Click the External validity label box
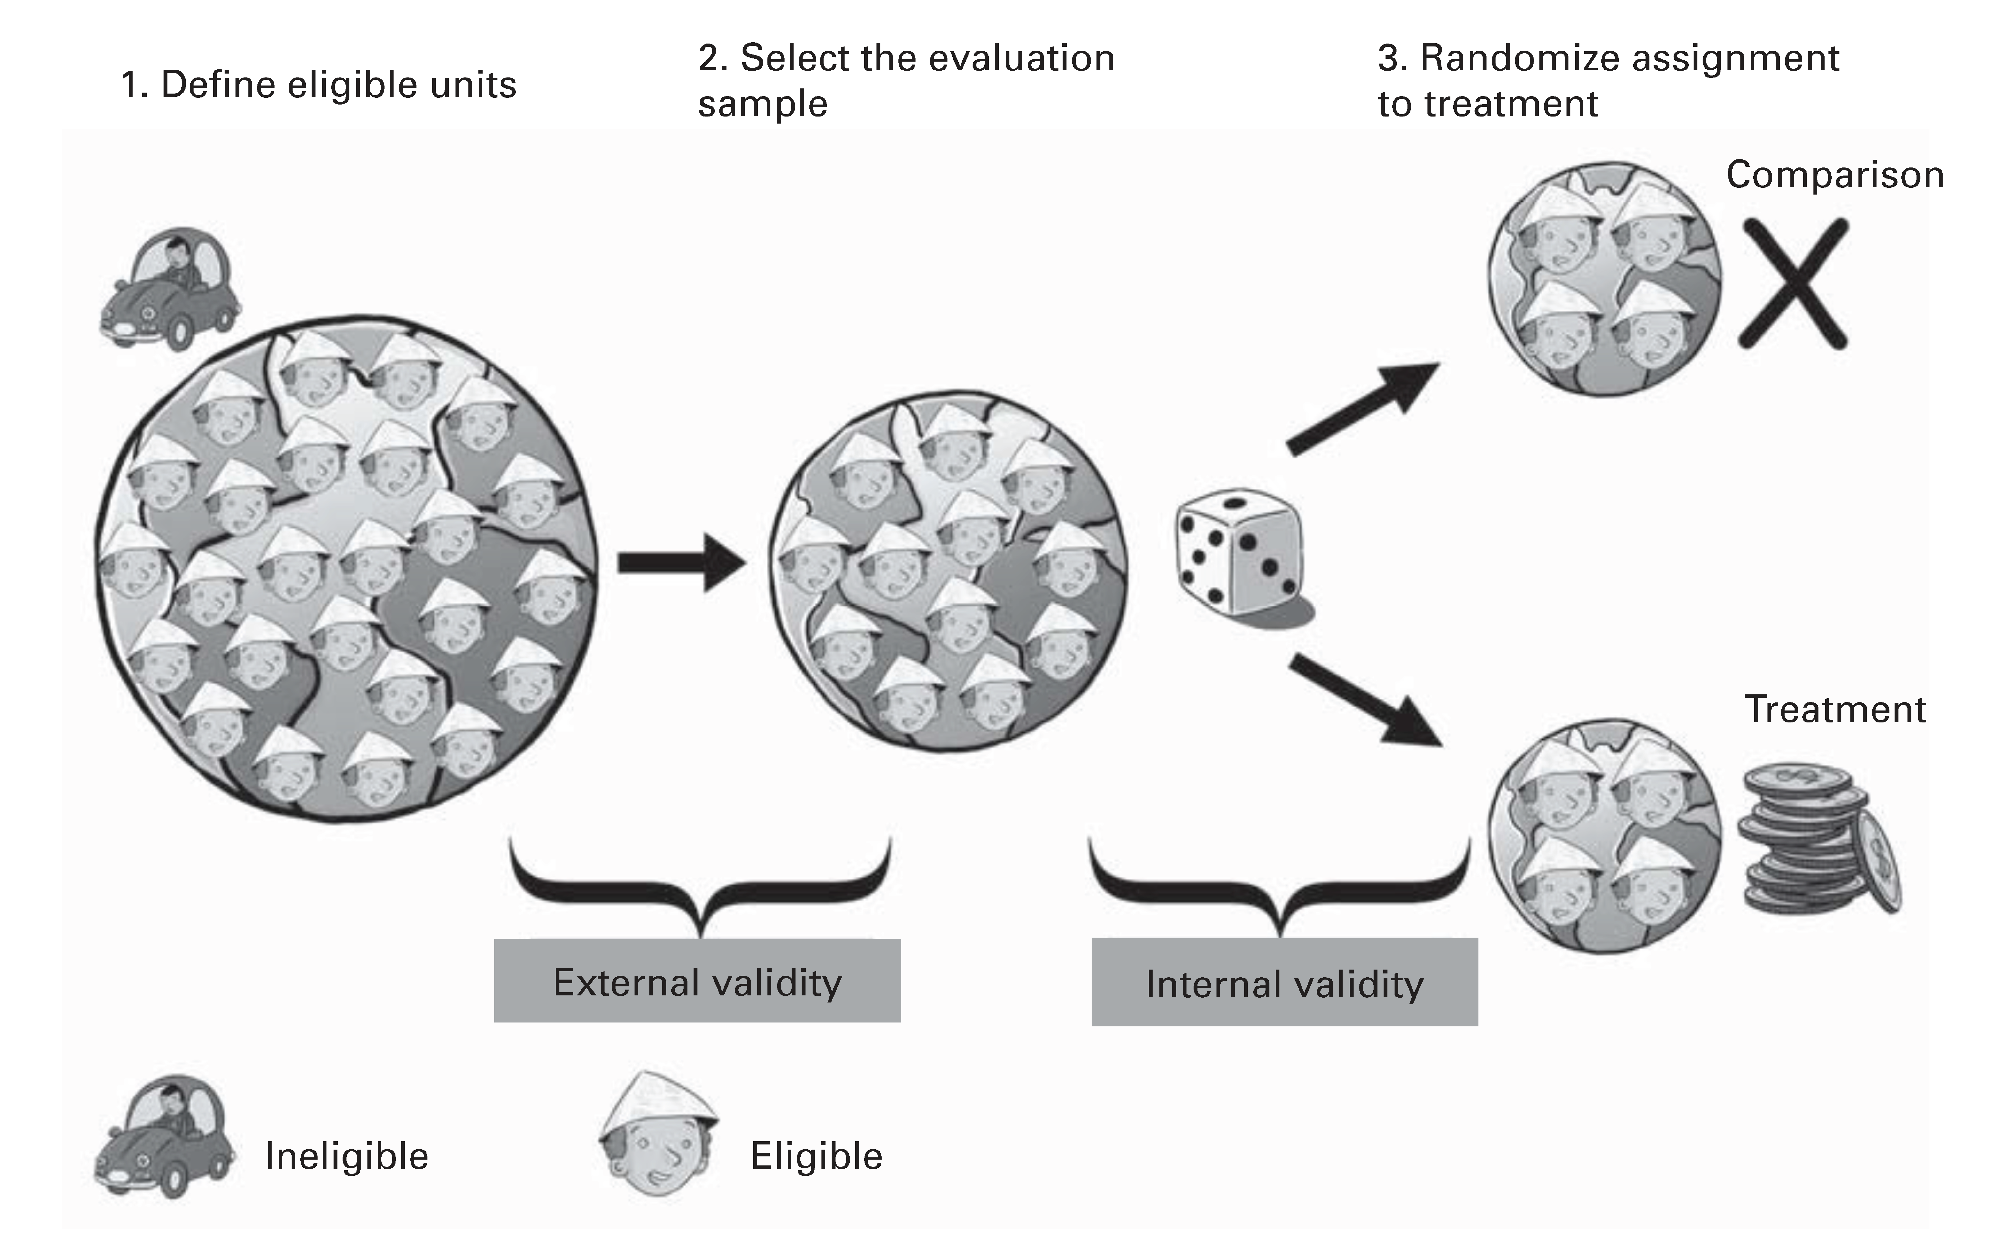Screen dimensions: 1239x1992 tap(697, 981)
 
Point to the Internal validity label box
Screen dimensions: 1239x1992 tap(1284, 982)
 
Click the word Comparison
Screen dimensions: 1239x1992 tap(1835, 175)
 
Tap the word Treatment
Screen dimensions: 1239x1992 tap(1835, 709)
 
